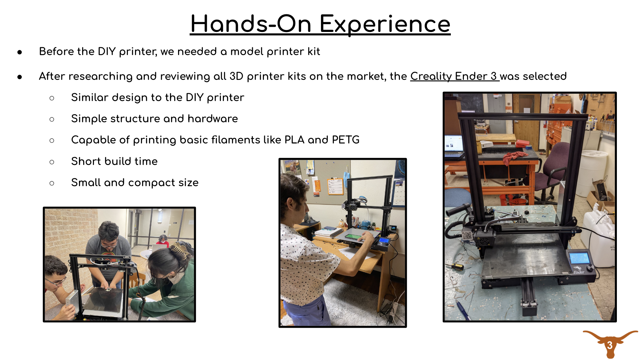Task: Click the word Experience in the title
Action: tap(385, 25)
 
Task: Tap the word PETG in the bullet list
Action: tap(346, 140)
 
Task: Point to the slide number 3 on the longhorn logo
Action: tap(610, 345)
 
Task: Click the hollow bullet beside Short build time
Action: tap(52, 162)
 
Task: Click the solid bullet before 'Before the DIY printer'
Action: tap(20, 52)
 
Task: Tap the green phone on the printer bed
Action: tap(354, 236)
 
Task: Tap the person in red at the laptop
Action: tap(163, 241)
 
